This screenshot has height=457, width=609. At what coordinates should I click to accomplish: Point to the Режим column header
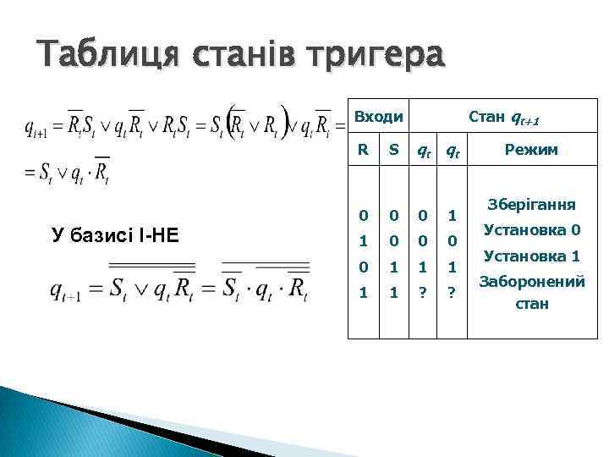click(x=530, y=150)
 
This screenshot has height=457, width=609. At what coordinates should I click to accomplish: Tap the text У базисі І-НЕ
click(x=115, y=234)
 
